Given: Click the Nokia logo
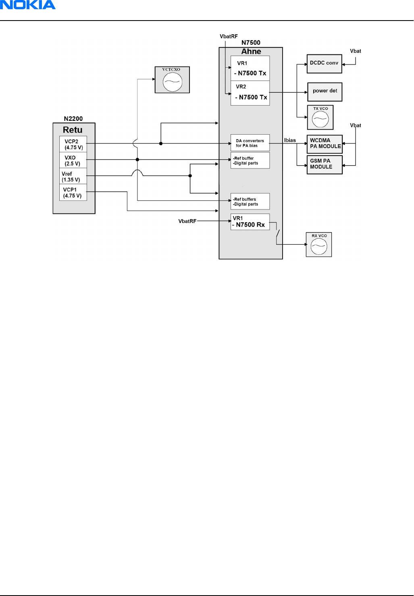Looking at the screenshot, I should (x=27, y=5).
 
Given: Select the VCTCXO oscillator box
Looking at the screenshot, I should (x=172, y=80).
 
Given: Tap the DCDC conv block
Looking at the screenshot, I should (x=324, y=64).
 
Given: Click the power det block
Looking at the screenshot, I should (x=325, y=92).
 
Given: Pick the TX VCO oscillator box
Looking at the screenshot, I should (x=320, y=117).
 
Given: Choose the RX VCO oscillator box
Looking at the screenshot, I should (x=319, y=245).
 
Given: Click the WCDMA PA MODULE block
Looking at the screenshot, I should (x=325, y=143).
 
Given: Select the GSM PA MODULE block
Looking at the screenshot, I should (x=325, y=164).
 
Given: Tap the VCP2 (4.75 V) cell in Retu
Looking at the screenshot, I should (x=73, y=144).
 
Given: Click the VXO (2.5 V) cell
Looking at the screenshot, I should (x=73, y=160).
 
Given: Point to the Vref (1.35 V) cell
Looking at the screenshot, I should (x=73, y=177).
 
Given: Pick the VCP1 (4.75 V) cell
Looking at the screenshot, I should (x=73, y=192).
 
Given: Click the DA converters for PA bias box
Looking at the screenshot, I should (x=250, y=143).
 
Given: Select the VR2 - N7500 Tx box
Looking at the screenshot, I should (x=250, y=93).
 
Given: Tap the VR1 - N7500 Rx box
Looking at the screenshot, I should (x=250, y=222).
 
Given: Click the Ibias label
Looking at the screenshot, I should (x=290, y=140).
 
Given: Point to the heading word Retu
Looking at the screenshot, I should (x=73, y=130).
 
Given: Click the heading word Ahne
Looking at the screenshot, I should (x=251, y=52).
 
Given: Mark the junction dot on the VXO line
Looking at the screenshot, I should (x=137, y=160).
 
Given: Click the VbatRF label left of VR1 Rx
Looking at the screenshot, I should (x=187, y=221).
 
